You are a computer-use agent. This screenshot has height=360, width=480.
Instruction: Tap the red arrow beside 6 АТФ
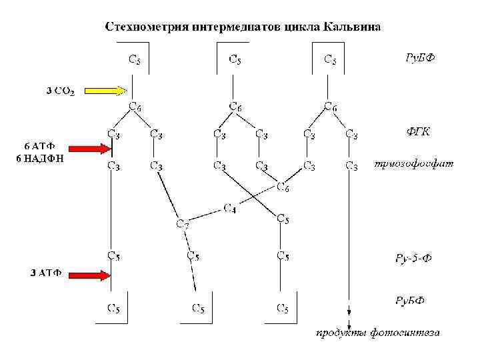(87, 149)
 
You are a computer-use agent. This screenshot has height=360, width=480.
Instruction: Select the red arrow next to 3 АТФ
(87, 274)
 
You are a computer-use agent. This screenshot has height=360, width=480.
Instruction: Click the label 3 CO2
(61, 91)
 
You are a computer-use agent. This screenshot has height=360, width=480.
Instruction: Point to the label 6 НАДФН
(40, 158)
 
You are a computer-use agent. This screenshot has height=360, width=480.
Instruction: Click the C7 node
(181, 224)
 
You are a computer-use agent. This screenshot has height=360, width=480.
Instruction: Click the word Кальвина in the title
(353, 27)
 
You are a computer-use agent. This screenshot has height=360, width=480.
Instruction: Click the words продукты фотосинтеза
(377, 332)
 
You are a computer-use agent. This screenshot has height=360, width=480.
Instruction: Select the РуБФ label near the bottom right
(411, 301)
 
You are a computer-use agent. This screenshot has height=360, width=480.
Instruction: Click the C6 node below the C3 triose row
(283, 189)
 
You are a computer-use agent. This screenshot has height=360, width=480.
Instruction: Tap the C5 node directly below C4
(283, 219)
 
